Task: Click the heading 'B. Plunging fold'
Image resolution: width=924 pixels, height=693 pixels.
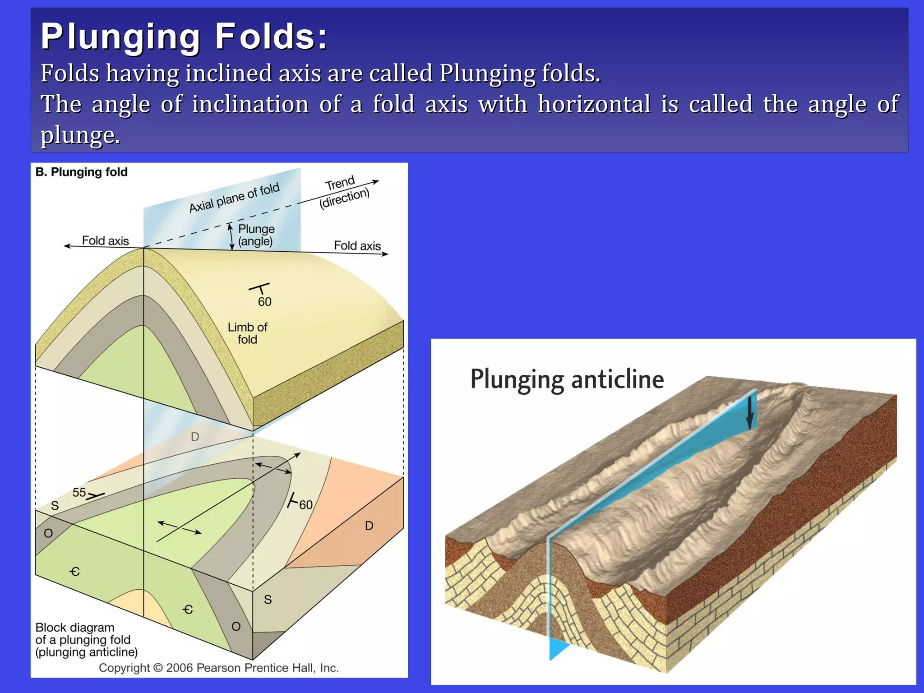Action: [82, 172]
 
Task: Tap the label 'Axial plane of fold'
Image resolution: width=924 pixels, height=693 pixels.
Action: [234, 198]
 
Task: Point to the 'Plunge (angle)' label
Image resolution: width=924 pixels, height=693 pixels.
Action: [256, 235]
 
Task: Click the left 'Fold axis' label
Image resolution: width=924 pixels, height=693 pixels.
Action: [105, 240]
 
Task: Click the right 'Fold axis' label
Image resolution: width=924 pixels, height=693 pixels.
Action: [357, 245]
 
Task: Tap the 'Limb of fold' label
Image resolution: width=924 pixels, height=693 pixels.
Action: [247, 333]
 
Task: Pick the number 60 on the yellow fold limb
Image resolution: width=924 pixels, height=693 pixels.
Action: [264, 301]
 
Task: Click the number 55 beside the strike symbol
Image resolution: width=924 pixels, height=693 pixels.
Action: [79, 492]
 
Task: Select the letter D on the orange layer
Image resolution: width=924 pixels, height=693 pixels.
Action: [369, 526]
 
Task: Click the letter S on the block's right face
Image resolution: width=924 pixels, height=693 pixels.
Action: [268, 599]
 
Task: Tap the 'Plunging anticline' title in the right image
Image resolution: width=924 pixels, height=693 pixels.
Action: [567, 379]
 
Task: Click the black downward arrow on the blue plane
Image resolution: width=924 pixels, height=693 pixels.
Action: [750, 413]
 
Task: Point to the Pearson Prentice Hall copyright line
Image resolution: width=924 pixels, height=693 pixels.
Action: [219, 668]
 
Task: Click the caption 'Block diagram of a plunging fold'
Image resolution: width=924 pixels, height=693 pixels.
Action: [86, 639]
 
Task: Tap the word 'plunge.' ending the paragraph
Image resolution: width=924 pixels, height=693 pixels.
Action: [80, 134]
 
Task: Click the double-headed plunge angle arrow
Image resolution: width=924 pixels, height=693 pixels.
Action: [231, 236]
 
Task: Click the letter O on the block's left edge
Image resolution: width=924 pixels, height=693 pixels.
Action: [48, 533]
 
